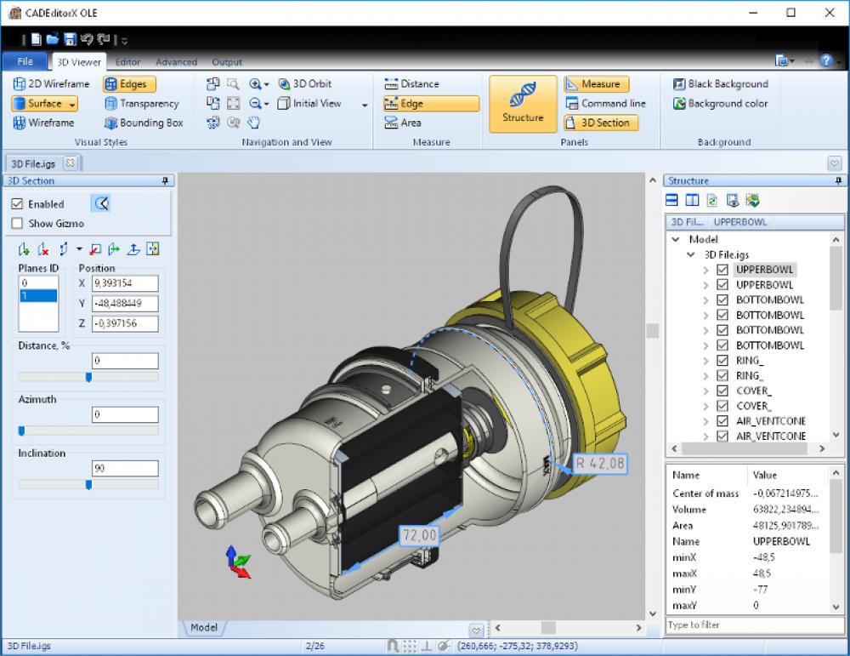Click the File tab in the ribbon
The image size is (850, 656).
25,61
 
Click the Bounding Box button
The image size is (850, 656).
144,123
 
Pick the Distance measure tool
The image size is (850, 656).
411,84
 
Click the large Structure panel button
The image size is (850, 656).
523,104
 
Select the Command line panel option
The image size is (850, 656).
605,104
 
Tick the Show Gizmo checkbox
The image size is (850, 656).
18,224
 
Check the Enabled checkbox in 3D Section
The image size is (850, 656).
18,204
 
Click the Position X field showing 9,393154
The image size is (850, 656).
125,283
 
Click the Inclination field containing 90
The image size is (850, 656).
125,469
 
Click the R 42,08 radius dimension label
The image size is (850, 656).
600,464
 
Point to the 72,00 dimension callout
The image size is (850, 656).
419,535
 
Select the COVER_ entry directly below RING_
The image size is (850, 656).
753,391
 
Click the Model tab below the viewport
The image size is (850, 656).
204,628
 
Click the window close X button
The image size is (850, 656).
829,13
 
